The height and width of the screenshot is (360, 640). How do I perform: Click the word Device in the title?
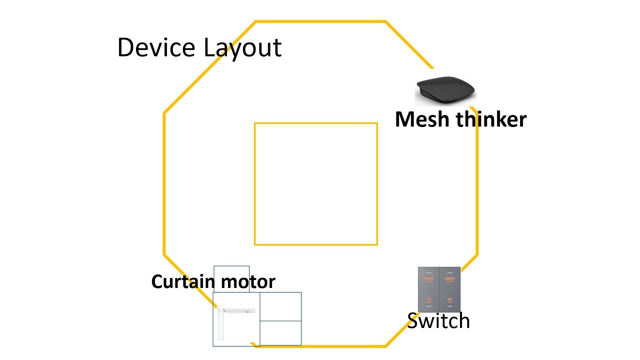pyautogui.click(x=156, y=47)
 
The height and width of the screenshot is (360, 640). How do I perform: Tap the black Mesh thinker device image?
pyautogui.click(x=445, y=90)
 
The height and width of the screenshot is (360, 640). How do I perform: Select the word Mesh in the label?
pyautogui.click(x=421, y=119)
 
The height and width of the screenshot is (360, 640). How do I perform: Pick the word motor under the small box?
pyautogui.click(x=248, y=281)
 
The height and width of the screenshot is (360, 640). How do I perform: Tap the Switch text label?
pyautogui.click(x=438, y=320)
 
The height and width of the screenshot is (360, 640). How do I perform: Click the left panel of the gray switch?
pyautogui.click(x=428, y=289)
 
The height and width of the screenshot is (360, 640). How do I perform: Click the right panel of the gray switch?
pyautogui.click(x=449, y=289)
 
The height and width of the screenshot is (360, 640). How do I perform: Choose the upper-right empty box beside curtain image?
pyautogui.click(x=280, y=306)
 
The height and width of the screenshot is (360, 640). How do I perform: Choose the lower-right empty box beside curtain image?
pyautogui.click(x=280, y=333)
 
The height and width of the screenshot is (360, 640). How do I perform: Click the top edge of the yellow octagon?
pyautogui.click(x=320, y=21)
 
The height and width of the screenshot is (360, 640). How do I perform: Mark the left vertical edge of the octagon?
pyautogui.click(x=164, y=185)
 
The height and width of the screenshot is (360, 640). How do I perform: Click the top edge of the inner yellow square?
pyautogui.click(x=316, y=123)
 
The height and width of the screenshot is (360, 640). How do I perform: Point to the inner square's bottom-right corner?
pyautogui.click(x=377, y=244)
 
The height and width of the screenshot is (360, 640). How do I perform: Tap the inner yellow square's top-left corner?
pyautogui.click(x=255, y=123)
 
